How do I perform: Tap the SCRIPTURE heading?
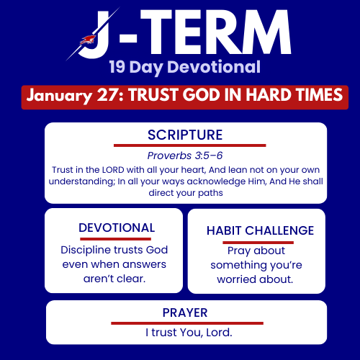pos(185,135)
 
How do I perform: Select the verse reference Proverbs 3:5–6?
pos(185,155)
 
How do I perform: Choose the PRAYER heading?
pos(186,312)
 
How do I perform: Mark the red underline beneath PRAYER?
pos(186,323)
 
